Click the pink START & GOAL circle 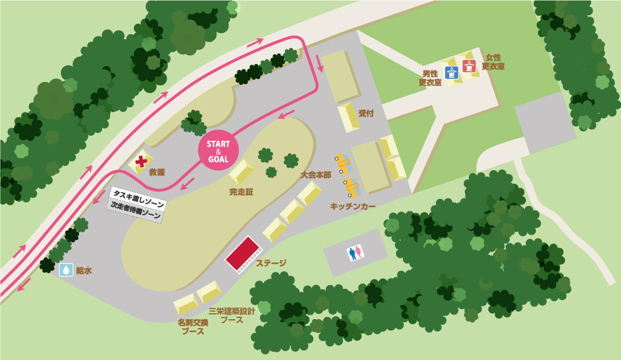[x=219, y=151]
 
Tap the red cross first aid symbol [x=141, y=161]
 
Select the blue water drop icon [x=66, y=269]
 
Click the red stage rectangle [x=242, y=254]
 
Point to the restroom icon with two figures [x=355, y=252]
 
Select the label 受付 [x=366, y=113]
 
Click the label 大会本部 [x=315, y=174]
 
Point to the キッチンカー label [x=353, y=206]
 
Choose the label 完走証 [x=241, y=192]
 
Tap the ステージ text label [x=271, y=263]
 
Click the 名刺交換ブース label [x=193, y=327]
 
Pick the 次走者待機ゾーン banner [x=136, y=211]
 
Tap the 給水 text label [x=84, y=270]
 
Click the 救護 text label [x=157, y=172]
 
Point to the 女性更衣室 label [x=493, y=62]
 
